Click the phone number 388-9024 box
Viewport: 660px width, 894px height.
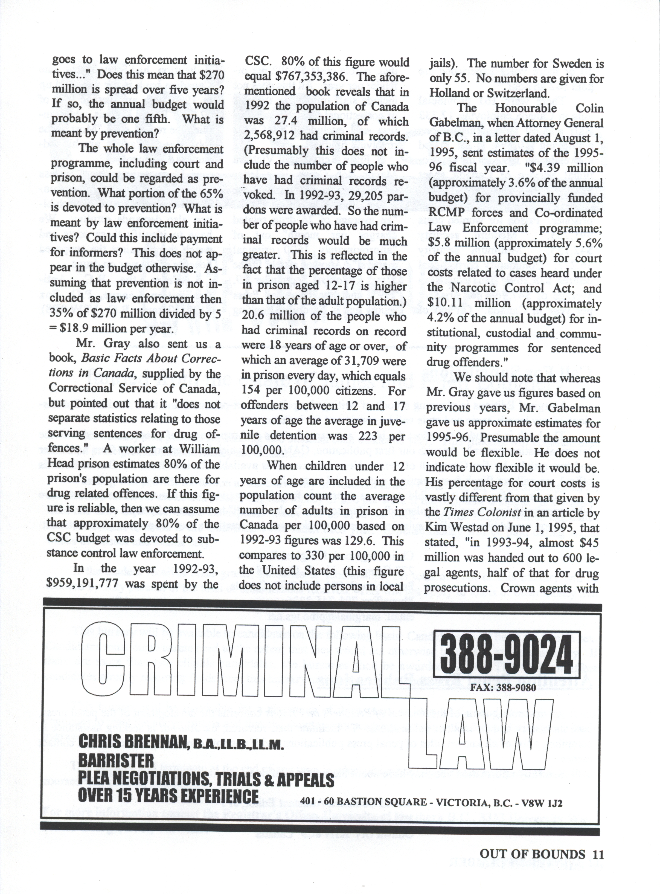506,654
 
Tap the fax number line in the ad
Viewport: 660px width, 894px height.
503,688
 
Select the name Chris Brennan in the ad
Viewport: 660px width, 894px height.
133,742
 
